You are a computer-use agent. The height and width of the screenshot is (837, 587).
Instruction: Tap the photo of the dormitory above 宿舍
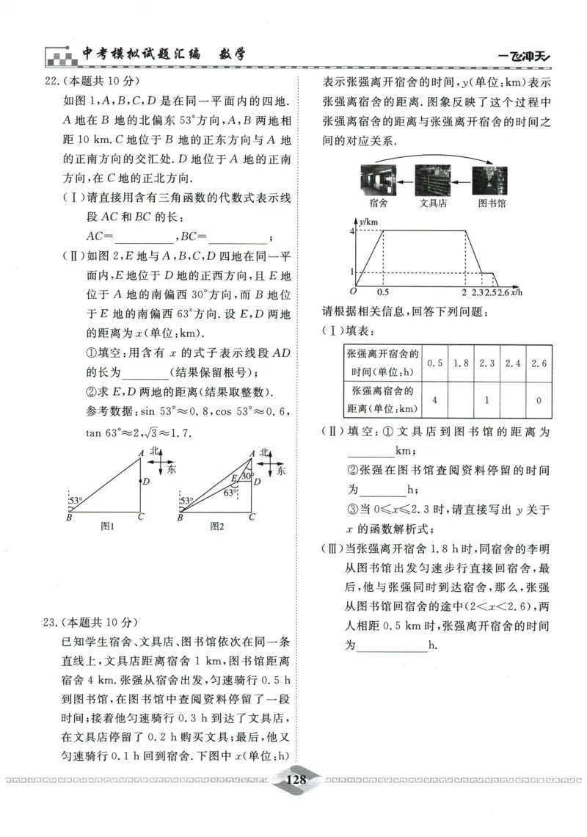tap(378, 179)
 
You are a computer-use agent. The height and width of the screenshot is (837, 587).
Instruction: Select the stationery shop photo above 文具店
tap(433, 179)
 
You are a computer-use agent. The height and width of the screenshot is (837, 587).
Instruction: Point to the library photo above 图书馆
tap(489, 179)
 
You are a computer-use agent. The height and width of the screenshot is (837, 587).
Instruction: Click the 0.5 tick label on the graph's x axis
tap(383, 293)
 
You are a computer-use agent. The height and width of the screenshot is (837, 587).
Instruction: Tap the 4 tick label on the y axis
tap(351, 231)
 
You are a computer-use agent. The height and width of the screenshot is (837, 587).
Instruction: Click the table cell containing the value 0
tap(539, 399)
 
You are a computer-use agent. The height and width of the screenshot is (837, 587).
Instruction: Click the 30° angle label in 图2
tap(247, 476)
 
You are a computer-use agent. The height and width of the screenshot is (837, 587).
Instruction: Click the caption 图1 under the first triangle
tap(108, 526)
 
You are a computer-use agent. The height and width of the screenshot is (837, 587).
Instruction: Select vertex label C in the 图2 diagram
tap(251, 517)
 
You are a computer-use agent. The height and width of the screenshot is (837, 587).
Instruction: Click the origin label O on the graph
tap(354, 291)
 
